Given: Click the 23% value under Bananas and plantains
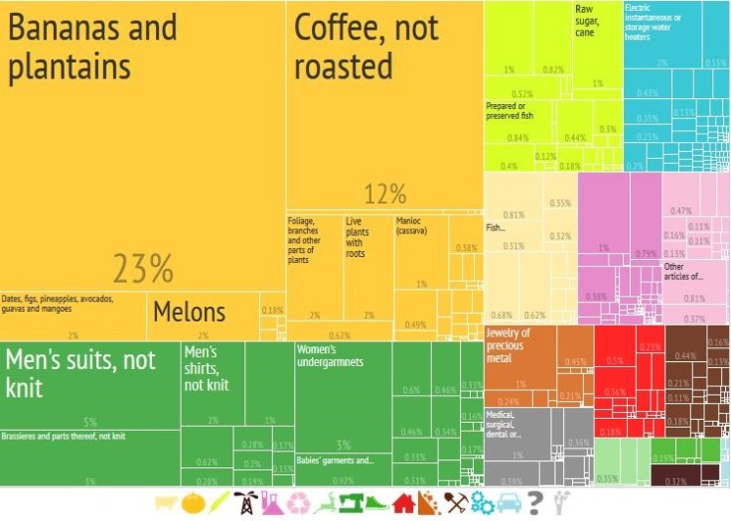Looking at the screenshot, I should point(142,268).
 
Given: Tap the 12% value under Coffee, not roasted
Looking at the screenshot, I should point(385,194).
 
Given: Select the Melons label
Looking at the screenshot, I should point(189,312).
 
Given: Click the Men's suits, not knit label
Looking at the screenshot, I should point(78,373).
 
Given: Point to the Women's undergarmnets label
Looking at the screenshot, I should point(331,355).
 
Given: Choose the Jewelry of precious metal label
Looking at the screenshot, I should point(509,338).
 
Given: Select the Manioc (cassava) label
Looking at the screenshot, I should point(411,225).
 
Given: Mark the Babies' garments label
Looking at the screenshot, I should point(336,460).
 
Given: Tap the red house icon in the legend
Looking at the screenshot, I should point(403,503).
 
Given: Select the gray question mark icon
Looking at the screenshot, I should point(535,503).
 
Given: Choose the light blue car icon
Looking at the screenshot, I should point(509,503).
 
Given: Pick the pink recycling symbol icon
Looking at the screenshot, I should point(298,503).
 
